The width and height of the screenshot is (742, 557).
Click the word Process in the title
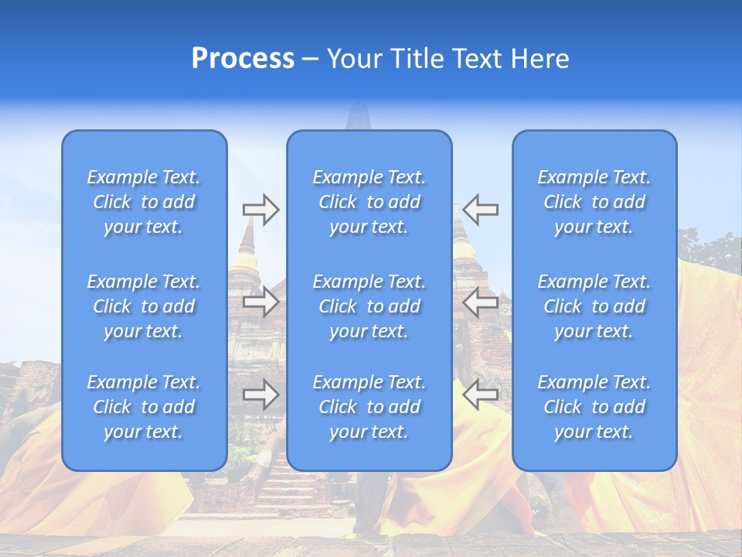click(243, 59)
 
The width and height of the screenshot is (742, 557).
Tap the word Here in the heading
click(540, 59)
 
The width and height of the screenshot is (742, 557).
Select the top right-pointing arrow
click(260, 210)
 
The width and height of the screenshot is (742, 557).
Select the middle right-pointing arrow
click(260, 302)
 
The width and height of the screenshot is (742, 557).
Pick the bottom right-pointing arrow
click(260, 395)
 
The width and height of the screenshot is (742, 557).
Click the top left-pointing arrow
click(481, 210)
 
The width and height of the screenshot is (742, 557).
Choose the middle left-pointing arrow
click(481, 302)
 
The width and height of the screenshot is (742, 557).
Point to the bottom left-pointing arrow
click(481, 395)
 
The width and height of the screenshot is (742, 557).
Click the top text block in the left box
click(144, 202)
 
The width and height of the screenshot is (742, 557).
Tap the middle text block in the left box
click(144, 306)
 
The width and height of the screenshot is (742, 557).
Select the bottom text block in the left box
click(144, 407)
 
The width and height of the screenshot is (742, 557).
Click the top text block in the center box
click(369, 202)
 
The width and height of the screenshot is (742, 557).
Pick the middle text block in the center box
click(369, 306)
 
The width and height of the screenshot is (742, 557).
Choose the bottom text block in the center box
click(369, 407)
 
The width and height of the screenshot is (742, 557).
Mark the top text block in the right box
click(594, 202)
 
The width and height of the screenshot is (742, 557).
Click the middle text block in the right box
click(594, 306)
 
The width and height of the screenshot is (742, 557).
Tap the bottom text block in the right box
click(594, 407)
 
